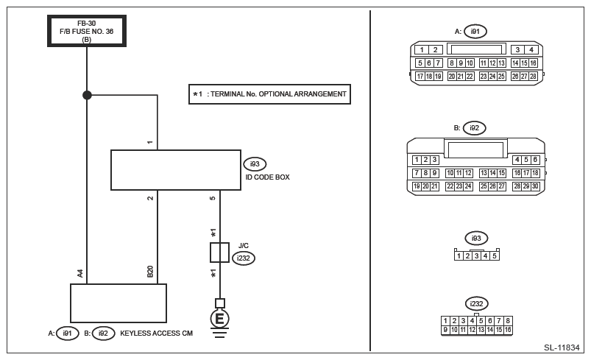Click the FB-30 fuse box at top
coord(87,31)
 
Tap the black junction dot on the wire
coord(87,95)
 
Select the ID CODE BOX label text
coord(268,177)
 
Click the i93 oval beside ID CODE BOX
coord(255,164)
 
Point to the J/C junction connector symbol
coord(220,253)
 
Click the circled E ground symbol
coord(220,319)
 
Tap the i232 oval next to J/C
coord(244,258)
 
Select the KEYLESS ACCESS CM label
coord(157,333)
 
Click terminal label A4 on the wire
coord(80,273)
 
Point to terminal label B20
coord(150,272)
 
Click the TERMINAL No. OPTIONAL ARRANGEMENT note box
coord(269,94)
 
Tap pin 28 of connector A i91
coord(533,76)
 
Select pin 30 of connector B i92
coord(535,186)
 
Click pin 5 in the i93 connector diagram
coord(495,256)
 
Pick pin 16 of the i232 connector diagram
coord(508,330)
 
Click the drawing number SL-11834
coord(562,347)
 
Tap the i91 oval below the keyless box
coord(67,333)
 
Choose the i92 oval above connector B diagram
coord(474,128)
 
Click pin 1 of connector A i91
coord(422,50)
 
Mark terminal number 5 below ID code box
coord(213,198)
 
